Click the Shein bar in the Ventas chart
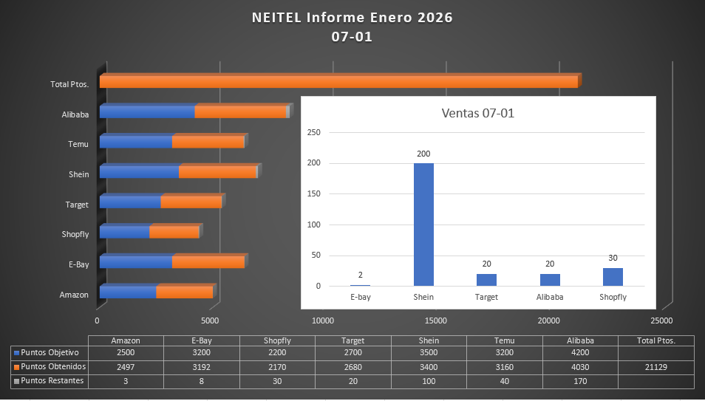[423, 225]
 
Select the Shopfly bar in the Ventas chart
[613, 277]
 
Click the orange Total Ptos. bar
[338, 82]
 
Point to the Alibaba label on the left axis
[75, 114]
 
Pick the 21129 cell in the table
[655, 366]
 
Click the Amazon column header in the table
[126, 340]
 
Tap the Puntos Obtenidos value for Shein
[429, 366]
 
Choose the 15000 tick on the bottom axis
[435, 321]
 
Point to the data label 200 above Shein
[423, 154]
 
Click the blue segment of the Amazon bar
[128, 292]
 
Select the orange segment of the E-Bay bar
[208, 262]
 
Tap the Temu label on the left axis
[78, 144]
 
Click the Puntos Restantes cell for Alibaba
[580, 381]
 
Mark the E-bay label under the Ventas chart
[361, 297]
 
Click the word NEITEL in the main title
[277, 18]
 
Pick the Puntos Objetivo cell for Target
[352, 352]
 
